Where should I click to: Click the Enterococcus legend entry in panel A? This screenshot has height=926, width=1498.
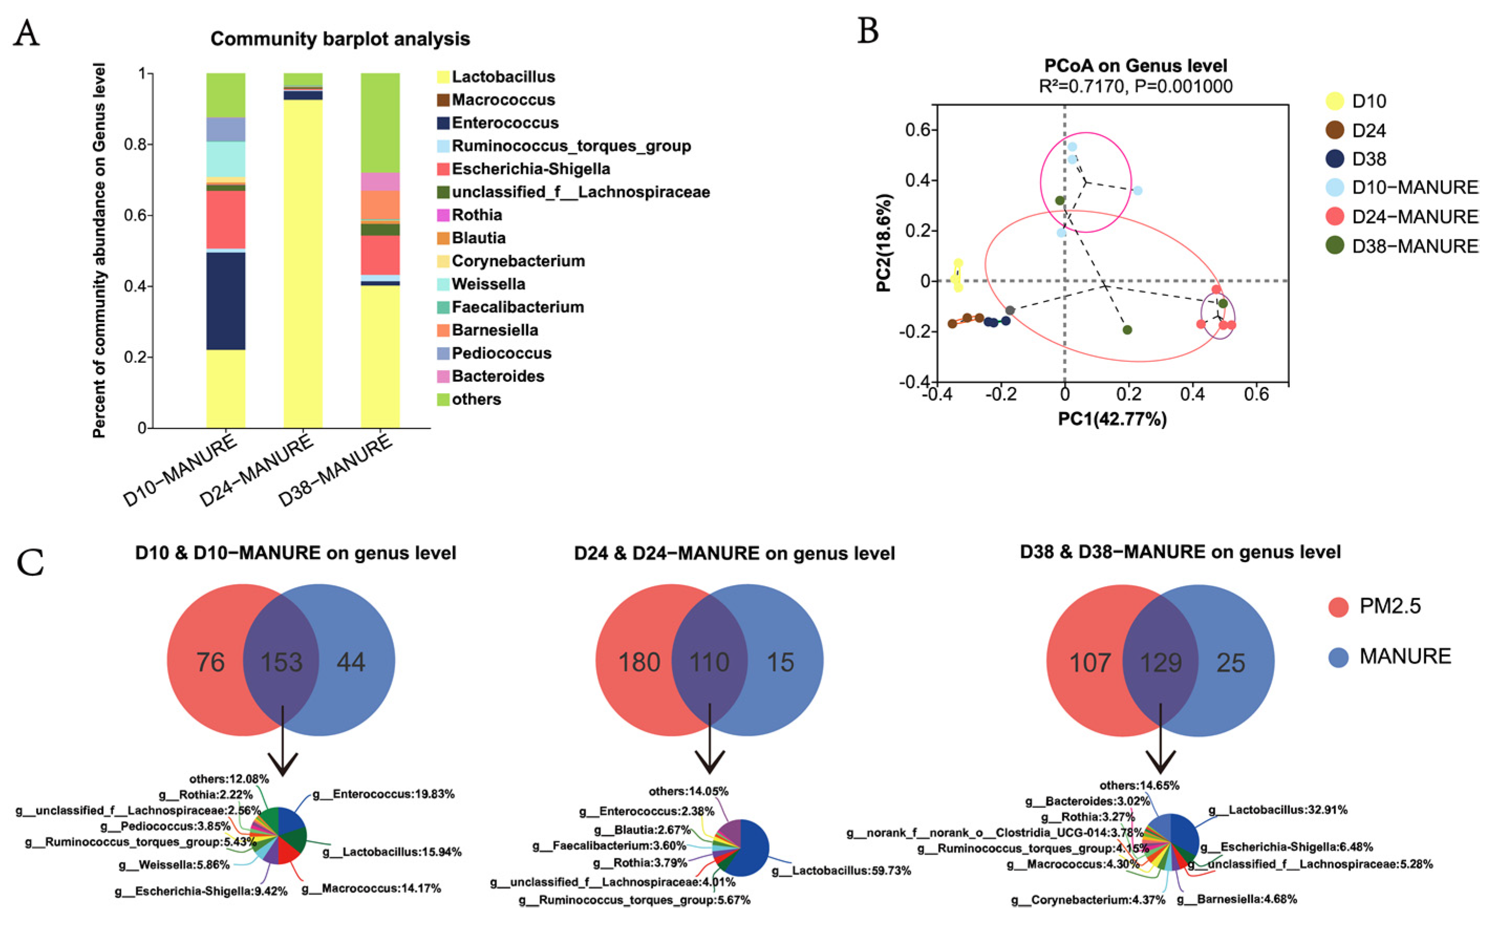tap(504, 123)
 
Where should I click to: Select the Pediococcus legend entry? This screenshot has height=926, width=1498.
tap(501, 353)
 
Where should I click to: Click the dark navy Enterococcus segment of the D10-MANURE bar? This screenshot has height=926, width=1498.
tap(225, 300)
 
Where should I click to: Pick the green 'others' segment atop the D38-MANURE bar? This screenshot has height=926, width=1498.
tap(380, 123)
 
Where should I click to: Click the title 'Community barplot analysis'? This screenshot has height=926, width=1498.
tap(340, 39)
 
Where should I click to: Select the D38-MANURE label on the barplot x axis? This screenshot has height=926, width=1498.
tap(336, 470)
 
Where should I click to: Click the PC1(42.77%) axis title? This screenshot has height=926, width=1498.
tap(1112, 419)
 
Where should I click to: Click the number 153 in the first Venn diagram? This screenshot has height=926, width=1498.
tap(281, 662)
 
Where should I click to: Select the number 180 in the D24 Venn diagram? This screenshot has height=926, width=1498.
tap(639, 662)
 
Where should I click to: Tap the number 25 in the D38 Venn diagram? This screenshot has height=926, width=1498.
tap(1231, 663)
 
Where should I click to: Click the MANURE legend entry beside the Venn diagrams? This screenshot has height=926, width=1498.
tap(1405, 656)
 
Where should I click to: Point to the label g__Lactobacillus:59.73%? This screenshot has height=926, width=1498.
tap(842, 870)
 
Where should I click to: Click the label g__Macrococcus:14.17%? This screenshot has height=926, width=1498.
tap(371, 888)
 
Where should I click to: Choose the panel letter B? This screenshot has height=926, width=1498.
tap(868, 30)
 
